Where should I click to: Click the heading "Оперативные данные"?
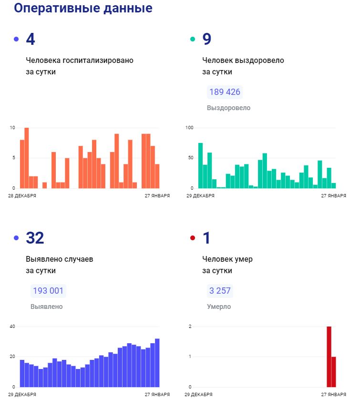[x=83, y=9]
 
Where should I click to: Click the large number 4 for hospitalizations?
[x=30, y=39]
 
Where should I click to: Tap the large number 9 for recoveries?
[x=206, y=39]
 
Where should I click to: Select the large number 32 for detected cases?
[x=36, y=238]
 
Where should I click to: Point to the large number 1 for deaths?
[x=206, y=238]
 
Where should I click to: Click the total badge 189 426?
[x=225, y=92]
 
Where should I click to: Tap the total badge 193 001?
[x=48, y=291]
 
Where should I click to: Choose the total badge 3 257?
[x=220, y=291]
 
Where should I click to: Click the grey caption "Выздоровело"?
[x=228, y=108]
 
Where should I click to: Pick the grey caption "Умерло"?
[x=219, y=307]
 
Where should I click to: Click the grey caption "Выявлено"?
[x=46, y=307]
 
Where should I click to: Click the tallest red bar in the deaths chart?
[x=329, y=357]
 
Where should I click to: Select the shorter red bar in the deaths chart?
[x=334, y=372]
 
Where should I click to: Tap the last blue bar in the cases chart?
[x=157, y=363]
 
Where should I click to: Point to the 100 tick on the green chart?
[x=189, y=128]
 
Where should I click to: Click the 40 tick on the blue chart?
[x=12, y=327]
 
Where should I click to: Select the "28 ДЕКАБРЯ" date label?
[x=22, y=195]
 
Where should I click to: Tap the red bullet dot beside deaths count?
[x=193, y=238]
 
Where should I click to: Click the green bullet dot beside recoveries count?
[x=193, y=39]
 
